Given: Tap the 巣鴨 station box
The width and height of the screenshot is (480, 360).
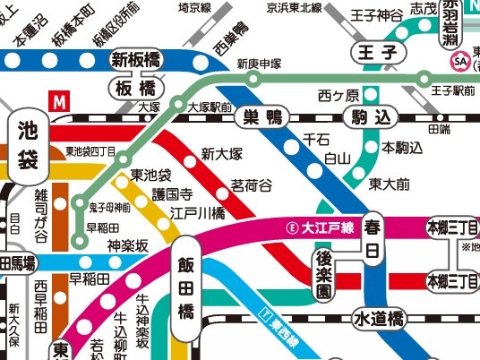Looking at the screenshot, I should point(262,116).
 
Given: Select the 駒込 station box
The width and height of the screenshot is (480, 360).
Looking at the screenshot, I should point(372,116).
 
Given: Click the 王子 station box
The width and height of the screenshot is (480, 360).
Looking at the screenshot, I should point(376,51).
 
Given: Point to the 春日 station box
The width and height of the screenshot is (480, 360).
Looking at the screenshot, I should point(373,238).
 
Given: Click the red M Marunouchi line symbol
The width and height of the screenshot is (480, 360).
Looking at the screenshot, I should point(61,101).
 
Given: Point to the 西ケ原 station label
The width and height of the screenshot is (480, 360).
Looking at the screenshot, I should point(339,95).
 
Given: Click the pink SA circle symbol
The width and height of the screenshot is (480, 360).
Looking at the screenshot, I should point(461,60).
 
